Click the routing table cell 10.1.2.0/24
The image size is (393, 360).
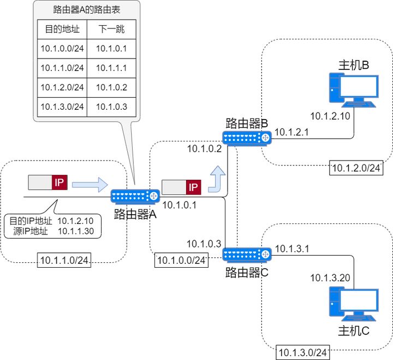pyautogui.click(x=62, y=87)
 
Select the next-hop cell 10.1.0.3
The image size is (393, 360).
pyautogui.click(x=111, y=107)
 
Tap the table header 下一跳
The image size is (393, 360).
pyautogui.click(x=111, y=29)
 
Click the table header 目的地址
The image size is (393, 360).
pyautogui.click(x=62, y=29)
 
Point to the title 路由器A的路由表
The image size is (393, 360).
pyautogui.click(x=86, y=9)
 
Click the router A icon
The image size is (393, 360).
pyautogui.click(x=135, y=196)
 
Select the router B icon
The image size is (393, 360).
pyautogui.click(x=247, y=138)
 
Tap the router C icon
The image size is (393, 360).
pyautogui.click(x=247, y=255)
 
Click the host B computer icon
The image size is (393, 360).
pyautogui.click(x=354, y=90)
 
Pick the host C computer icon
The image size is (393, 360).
pyautogui.click(x=354, y=304)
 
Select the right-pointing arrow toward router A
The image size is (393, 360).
pyautogui.click(x=90, y=185)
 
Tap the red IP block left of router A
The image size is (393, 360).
pyautogui.click(x=59, y=182)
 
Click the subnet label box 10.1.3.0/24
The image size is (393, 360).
pyautogui.click(x=302, y=352)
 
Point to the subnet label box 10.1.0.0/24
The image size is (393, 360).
pyautogui.click(x=181, y=260)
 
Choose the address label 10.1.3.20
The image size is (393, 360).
pyautogui.click(x=330, y=278)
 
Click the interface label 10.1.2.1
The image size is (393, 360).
pyautogui.click(x=291, y=132)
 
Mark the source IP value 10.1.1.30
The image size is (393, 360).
pyautogui.click(x=76, y=231)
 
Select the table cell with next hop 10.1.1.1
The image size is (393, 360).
pyautogui.click(x=111, y=68)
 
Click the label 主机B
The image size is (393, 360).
pyautogui.click(x=354, y=65)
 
